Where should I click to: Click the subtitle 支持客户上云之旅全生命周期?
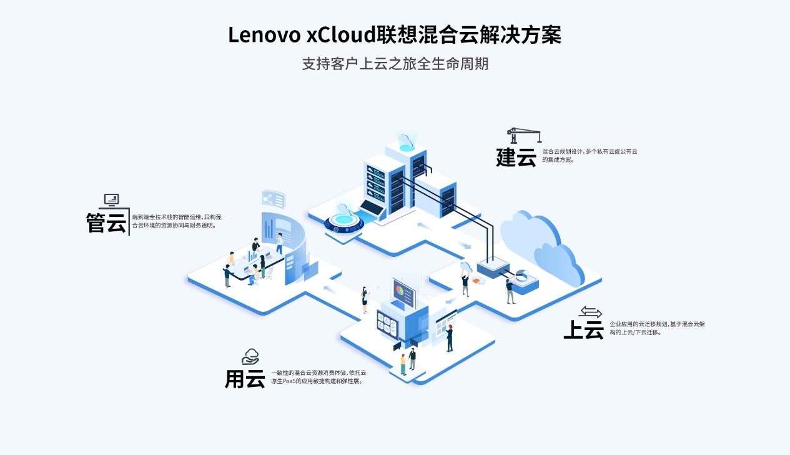click(x=395, y=64)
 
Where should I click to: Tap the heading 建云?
click(x=516, y=157)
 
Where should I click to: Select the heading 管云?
click(x=106, y=222)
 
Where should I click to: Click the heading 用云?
click(x=245, y=378)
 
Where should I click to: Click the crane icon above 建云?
click(x=523, y=135)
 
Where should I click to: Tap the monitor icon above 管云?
click(x=111, y=200)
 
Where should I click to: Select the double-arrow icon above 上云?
click(x=590, y=311)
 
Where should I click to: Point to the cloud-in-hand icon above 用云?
click(x=250, y=357)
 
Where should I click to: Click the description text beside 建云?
click(x=590, y=155)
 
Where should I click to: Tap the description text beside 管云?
click(x=176, y=221)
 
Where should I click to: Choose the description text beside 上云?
click(x=657, y=328)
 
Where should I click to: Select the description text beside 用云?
click(x=318, y=376)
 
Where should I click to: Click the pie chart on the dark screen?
click(x=400, y=290)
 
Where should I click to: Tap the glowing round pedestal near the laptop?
click(x=343, y=221)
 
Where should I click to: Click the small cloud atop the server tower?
click(x=407, y=140)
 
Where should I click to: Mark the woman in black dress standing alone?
click(x=365, y=299)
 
